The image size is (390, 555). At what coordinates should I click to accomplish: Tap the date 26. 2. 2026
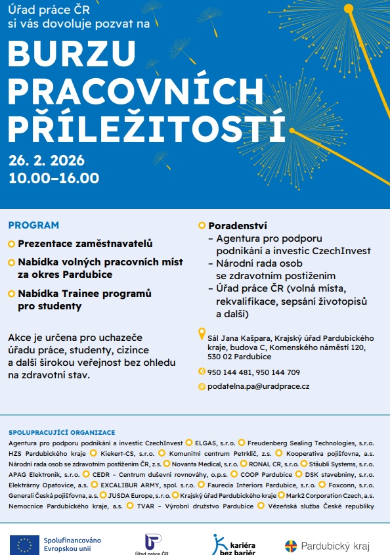coord(47,161)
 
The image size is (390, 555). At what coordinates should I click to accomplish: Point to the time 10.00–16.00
coord(54,178)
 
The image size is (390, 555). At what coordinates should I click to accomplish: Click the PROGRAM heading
coord(33,225)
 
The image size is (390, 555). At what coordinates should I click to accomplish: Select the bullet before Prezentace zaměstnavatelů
coord(11,244)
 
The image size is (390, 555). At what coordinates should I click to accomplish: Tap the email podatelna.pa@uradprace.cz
coord(259,387)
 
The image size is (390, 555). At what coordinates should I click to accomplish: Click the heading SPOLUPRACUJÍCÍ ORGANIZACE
coord(62,432)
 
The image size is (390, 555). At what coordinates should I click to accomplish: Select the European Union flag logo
coord(24,544)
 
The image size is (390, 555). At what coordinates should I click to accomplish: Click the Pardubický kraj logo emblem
coord(291,546)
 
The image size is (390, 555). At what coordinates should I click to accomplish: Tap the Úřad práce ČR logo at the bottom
coord(152,542)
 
